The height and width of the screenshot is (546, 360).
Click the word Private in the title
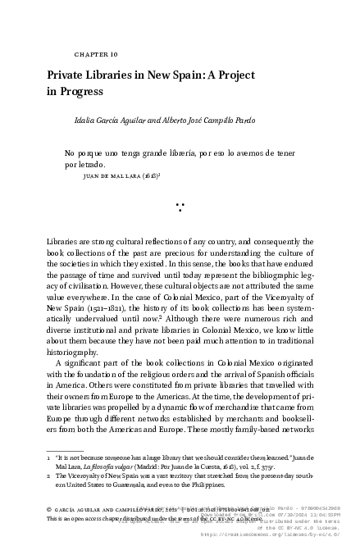tap(70, 75)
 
